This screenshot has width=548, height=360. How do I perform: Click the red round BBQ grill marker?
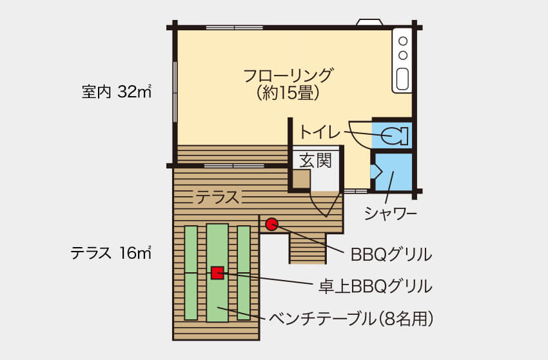[271, 224]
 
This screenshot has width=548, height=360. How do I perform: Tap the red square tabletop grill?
[217, 272]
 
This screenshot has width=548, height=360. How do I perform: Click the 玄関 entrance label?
[315, 161]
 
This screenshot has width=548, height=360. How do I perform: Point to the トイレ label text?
[318, 132]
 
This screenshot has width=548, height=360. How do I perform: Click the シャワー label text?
[391, 214]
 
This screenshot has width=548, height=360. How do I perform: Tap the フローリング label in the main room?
[288, 75]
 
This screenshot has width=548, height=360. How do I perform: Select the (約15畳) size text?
[288, 94]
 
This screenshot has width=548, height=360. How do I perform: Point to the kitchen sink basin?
[403, 78]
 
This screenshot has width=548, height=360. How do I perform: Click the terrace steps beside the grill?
[308, 248]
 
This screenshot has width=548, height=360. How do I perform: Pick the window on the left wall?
[175, 92]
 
